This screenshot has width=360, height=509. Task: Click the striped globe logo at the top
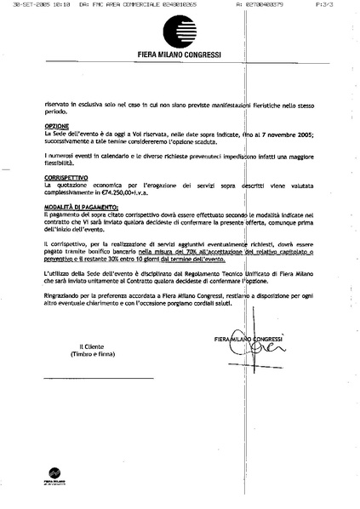pos(180,35)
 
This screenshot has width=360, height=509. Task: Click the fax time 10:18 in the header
pos(58,6)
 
